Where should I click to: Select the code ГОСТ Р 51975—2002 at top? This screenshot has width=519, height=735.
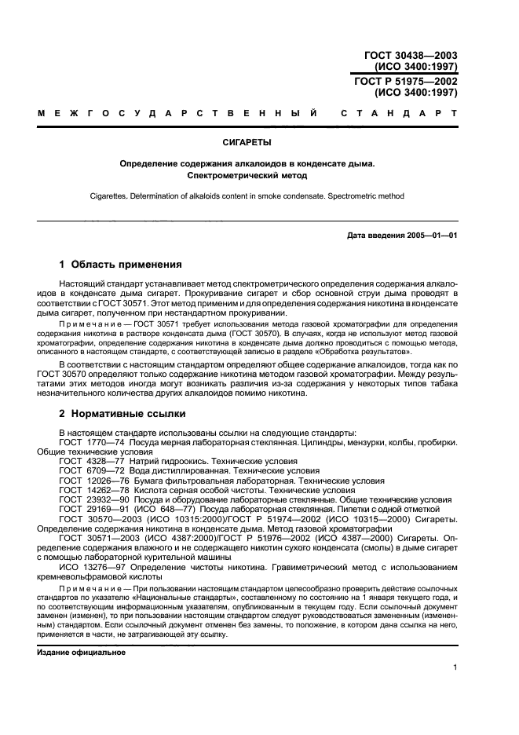(x=411, y=82)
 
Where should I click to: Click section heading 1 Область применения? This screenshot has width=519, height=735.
(x=121, y=264)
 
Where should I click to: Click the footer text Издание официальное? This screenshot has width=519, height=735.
(x=81, y=652)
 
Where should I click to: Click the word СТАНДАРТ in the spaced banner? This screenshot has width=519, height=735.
(x=399, y=115)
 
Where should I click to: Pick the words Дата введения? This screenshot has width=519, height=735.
(x=373, y=236)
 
